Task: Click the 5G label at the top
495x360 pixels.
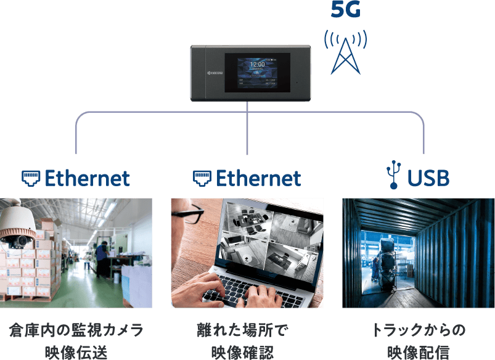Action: [345, 10]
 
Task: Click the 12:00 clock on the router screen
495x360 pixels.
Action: [258, 63]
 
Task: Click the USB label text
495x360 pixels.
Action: [428, 178]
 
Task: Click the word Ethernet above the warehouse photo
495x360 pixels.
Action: [88, 178]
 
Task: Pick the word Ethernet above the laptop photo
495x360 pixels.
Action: [258, 178]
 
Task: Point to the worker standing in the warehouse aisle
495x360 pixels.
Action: [101, 259]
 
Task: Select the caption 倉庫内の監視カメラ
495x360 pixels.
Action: [76, 330]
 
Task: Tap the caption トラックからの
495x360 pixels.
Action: [419, 330]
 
